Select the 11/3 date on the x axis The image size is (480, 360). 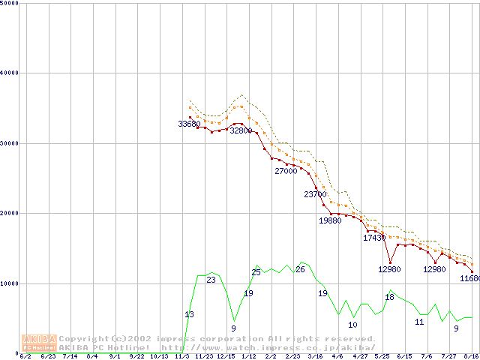tap(181, 356)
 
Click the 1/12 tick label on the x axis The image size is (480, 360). tap(248, 356)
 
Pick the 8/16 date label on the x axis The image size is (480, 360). tap(471, 356)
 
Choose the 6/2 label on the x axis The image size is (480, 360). tap(25, 356)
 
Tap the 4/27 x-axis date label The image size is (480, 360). tap(360, 356)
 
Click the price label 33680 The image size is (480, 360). tap(189, 124)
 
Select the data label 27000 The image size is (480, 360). tap(286, 171)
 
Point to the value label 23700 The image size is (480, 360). tap(315, 194)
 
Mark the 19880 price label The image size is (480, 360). tap(330, 220)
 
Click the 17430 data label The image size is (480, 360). tap(374, 238)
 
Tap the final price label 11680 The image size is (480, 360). tap(470, 278)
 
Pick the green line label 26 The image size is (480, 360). tap(300, 269)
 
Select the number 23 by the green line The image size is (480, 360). tap(211, 280)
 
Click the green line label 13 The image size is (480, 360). tap(189, 314)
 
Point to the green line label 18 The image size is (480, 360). tap(389, 297)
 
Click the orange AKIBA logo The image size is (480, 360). tap(39, 342)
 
